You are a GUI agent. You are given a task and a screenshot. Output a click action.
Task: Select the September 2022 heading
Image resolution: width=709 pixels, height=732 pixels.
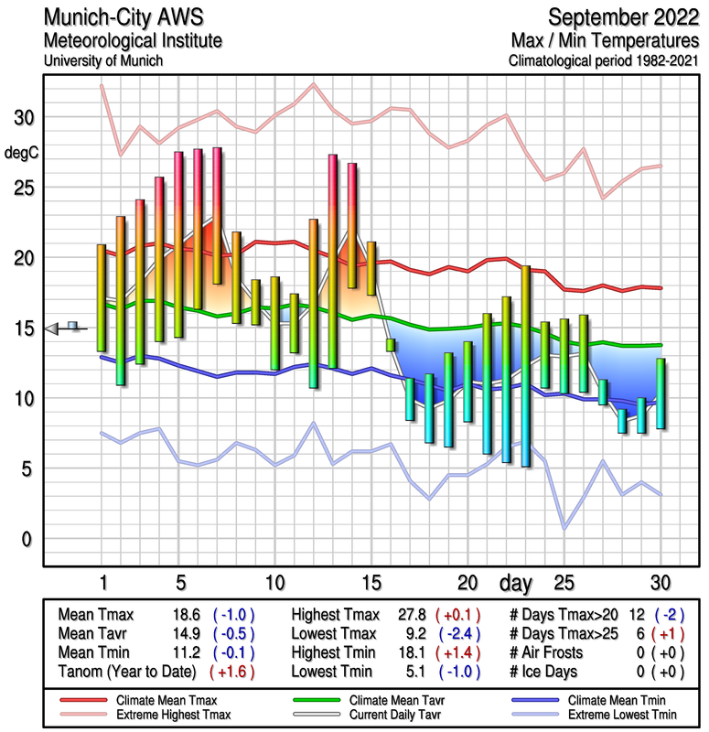624,16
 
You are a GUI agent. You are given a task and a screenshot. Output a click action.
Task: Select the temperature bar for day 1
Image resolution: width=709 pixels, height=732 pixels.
102,297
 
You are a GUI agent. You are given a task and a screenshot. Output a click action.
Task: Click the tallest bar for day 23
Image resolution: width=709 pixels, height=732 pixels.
525,366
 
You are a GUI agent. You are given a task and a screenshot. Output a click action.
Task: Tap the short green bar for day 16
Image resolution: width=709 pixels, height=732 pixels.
391,345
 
